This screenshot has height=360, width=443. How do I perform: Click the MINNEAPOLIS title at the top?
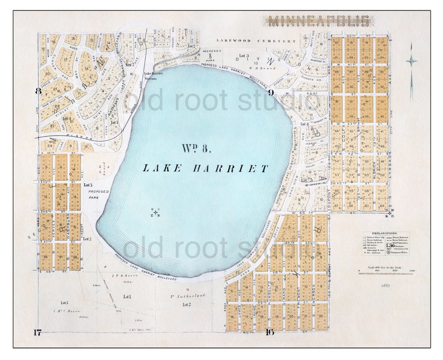click(x=319, y=21)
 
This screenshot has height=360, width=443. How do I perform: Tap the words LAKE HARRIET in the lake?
click(x=205, y=168)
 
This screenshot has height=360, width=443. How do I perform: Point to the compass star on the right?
click(x=412, y=63)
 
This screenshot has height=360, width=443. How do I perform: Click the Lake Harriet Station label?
click(x=151, y=76)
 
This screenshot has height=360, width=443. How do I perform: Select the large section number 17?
click(x=37, y=333)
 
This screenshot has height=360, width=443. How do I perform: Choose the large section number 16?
click(x=269, y=333)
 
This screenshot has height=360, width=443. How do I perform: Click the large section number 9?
click(x=269, y=92)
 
